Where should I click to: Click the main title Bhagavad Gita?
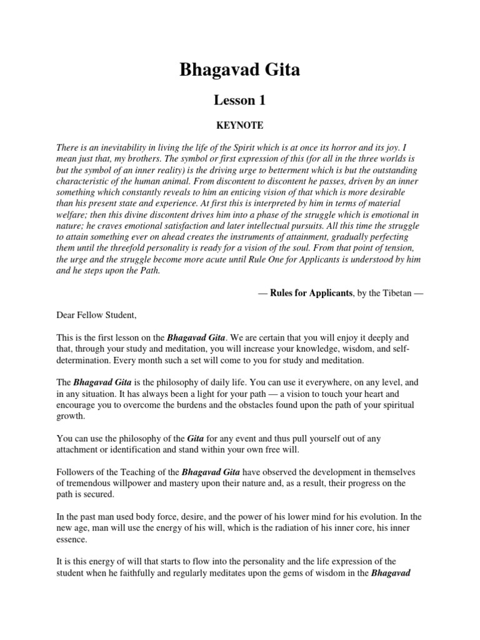[x=240, y=70]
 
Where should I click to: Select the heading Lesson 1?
[x=240, y=100]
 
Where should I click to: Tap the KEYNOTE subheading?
[x=240, y=126]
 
